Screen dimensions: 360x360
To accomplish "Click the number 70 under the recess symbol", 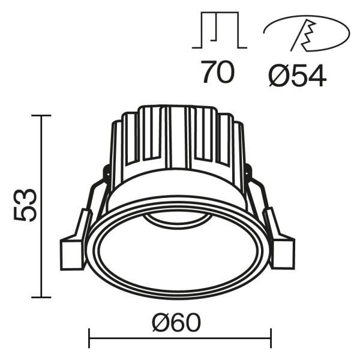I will pyautogui.click(x=218, y=73).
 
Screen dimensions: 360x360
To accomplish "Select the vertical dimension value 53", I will pyautogui.click(x=25, y=206).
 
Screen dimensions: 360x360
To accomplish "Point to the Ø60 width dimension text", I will pyautogui.click(x=176, y=324).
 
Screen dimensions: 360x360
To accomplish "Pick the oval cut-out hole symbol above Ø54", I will pyautogui.click(x=306, y=33).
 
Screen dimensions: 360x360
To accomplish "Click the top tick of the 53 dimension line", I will pyautogui.click(x=41, y=115).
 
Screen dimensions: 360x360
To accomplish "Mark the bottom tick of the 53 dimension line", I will pyautogui.click(x=41, y=296).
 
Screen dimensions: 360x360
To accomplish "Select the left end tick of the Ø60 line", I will pyautogui.click(x=89, y=338).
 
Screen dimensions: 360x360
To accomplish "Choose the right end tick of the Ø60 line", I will pyautogui.click(x=271, y=338).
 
